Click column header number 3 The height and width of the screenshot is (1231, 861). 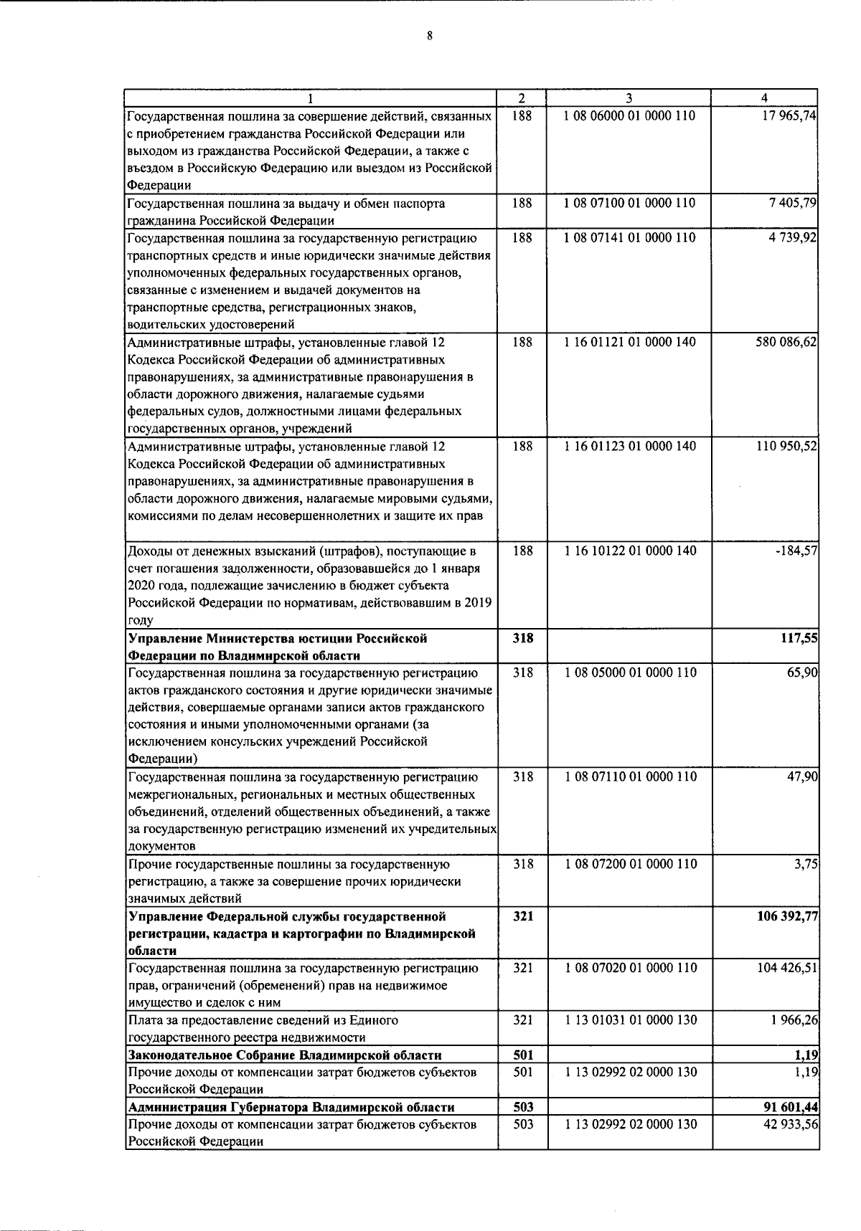pos(629,98)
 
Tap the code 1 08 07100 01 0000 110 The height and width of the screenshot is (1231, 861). pos(629,203)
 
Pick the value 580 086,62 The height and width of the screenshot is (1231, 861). pos(786,343)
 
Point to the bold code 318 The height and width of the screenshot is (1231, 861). pos(522,638)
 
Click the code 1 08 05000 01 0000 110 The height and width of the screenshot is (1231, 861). pos(629,672)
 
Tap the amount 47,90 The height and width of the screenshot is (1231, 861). pos(803,776)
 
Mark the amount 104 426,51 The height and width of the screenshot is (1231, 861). pos(788,969)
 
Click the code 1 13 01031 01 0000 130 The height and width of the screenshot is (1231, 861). pos(629,1020)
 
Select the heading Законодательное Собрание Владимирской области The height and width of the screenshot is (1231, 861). pos(284,1055)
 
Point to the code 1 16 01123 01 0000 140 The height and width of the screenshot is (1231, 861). pos(629,446)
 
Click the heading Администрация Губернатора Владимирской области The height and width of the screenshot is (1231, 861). pos(291,1107)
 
